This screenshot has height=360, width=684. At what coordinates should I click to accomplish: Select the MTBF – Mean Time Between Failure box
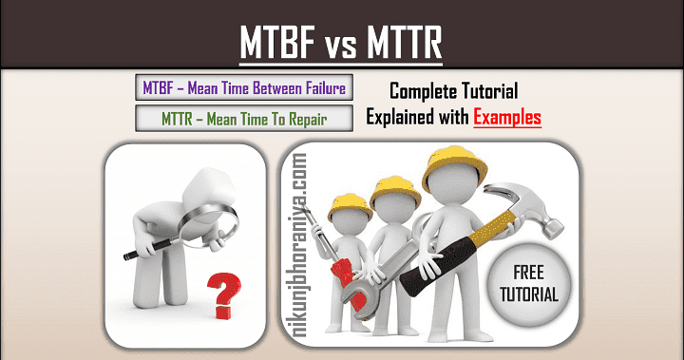coord(243,89)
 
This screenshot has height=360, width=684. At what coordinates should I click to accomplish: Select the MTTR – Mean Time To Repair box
coord(243,120)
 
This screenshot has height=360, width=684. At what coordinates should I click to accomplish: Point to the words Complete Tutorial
coord(453,92)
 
